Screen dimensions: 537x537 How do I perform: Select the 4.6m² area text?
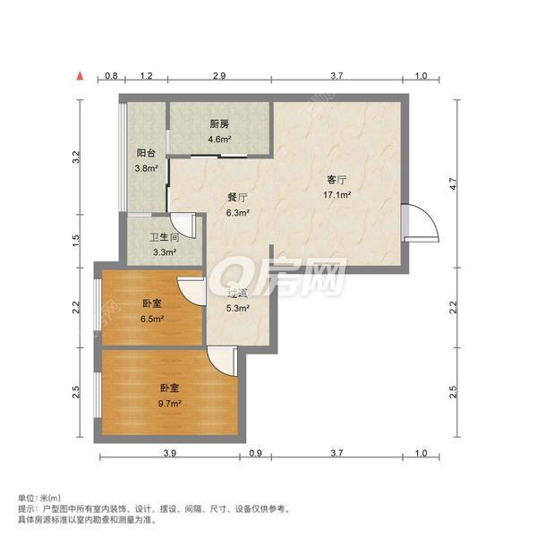[x=220, y=140]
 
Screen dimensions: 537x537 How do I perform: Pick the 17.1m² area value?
[x=337, y=193]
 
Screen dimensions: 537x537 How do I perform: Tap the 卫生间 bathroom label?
[x=164, y=239]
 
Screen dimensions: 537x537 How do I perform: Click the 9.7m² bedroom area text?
[x=171, y=403]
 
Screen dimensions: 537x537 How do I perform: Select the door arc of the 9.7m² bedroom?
[x=220, y=358]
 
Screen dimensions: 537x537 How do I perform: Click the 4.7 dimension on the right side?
[x=454, y=184]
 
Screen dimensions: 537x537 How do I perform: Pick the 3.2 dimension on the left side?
[x=78, y=158]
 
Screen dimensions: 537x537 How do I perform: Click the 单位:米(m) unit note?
[x=39, y=497]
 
